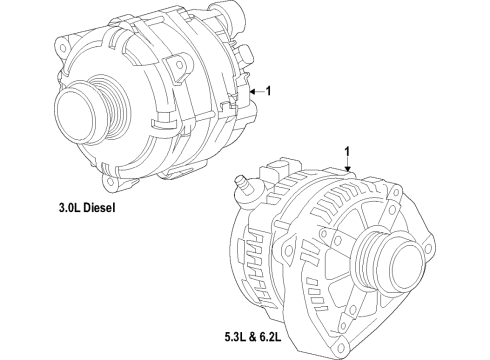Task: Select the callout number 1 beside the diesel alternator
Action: click(x=267, y=91)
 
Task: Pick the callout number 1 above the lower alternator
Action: click(x=348, y=153)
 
